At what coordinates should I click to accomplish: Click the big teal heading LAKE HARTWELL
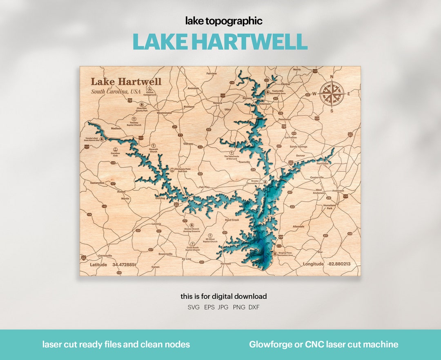point(220,41)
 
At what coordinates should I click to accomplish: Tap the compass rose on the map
point(332,94)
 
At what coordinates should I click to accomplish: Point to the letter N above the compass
point(332,77)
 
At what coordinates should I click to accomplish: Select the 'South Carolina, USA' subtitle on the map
point(116,92)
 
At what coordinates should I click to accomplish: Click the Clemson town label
point(265,104)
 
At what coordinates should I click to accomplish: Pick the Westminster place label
point(164,112)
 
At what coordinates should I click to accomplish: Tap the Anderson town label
point(338,190)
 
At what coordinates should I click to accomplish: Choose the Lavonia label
point(156,224)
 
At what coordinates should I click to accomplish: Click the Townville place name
point(244,162)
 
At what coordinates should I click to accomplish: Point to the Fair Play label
point(204,187)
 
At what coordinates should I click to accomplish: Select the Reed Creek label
point(232,220)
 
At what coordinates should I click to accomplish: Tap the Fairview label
point(212,74)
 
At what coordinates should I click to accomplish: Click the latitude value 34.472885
point(124,264)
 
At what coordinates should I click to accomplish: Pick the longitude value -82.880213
point(339,264)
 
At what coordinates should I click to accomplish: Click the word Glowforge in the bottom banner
point(267,344)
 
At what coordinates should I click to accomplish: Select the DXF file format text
point(254,307)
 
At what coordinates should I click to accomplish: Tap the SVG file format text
point(194,307)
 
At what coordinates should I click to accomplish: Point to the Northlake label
point(323,163)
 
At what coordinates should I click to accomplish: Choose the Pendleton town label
point(284,119)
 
